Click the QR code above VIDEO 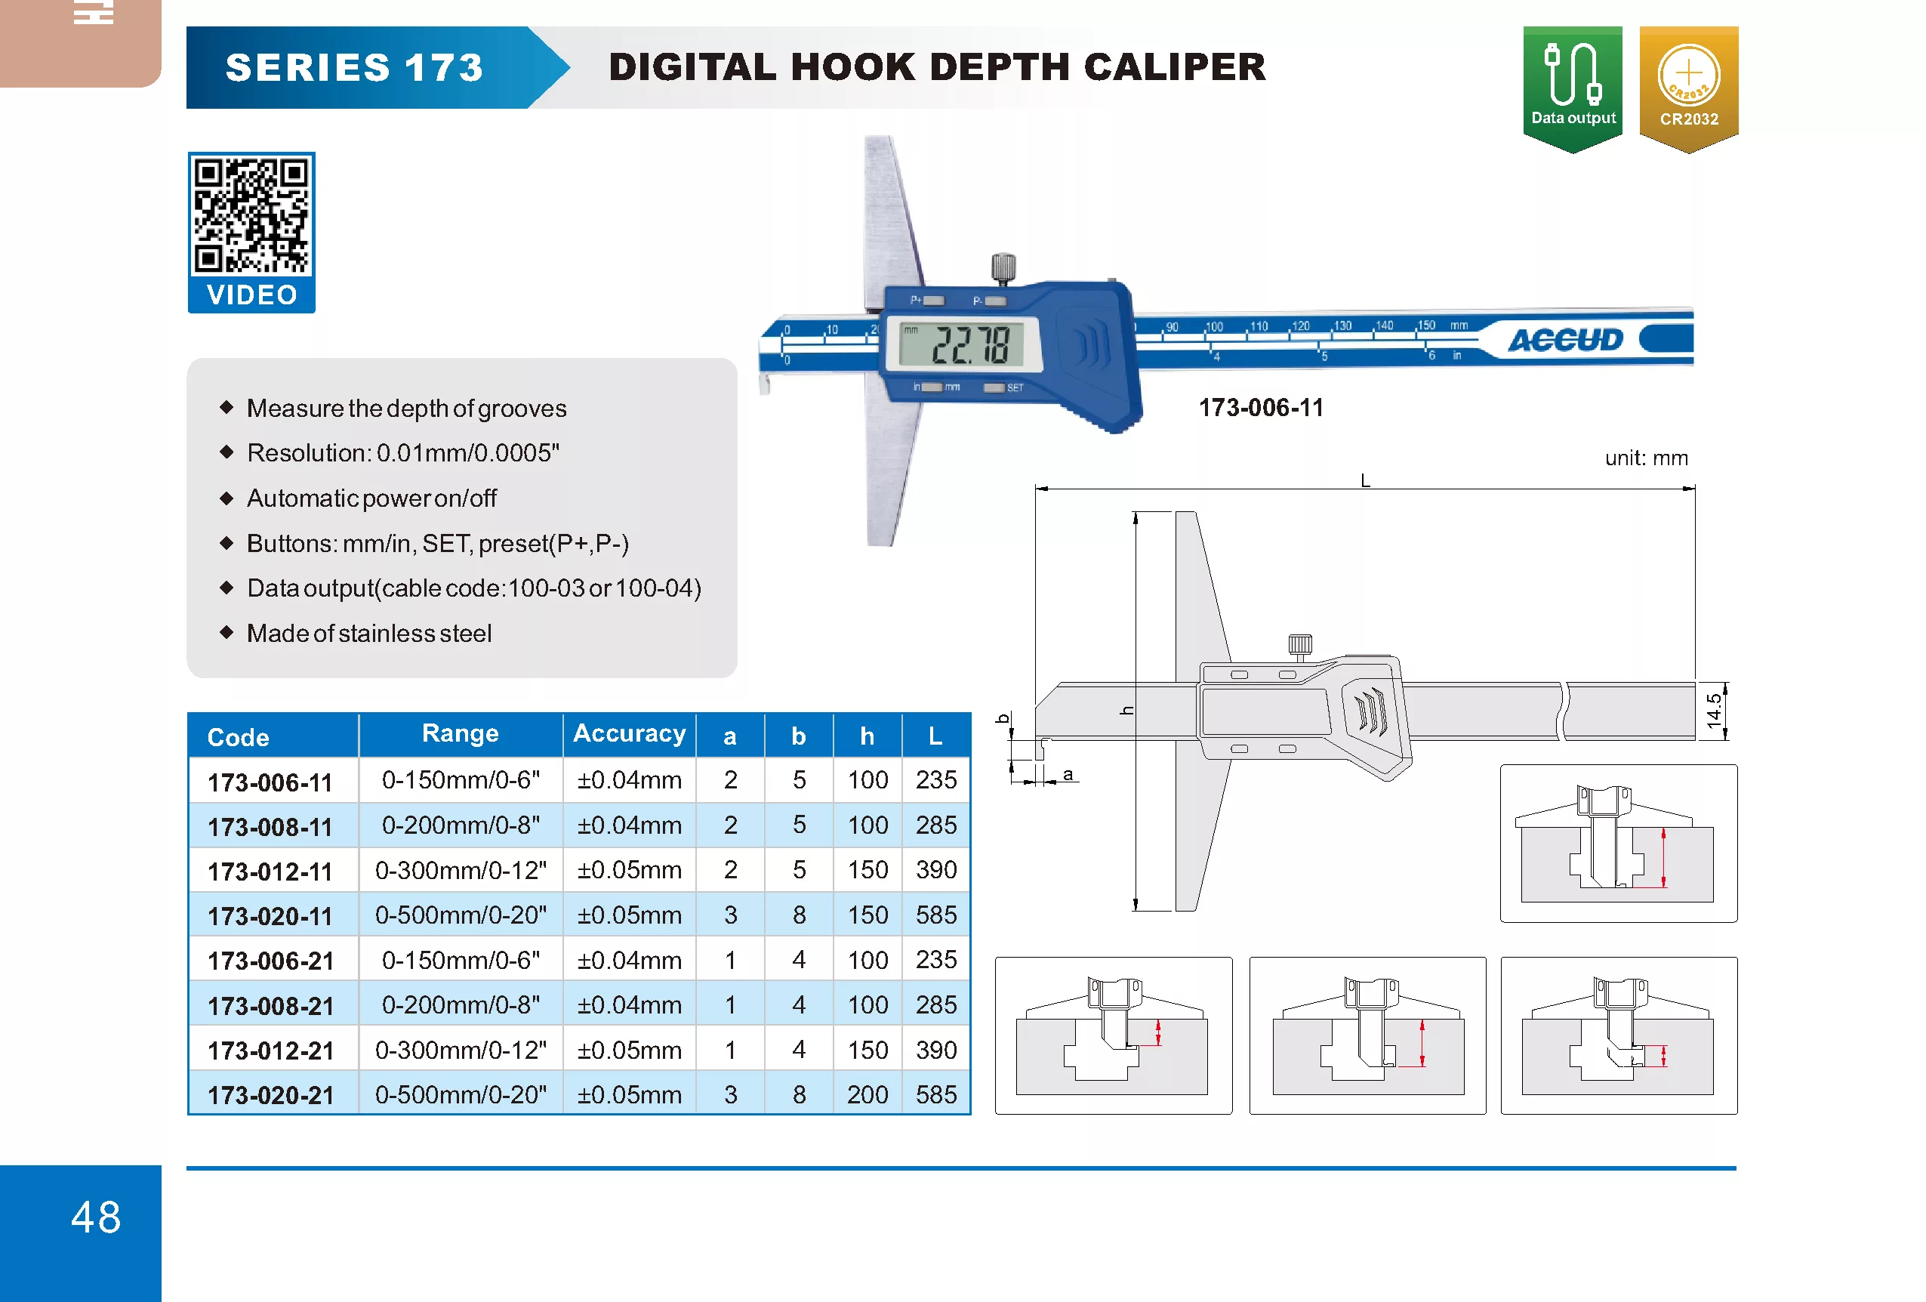tap(251, 215)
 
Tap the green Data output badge tap(1572, 88)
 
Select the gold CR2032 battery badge tap(1688, 88)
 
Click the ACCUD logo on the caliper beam tap(1564, 340)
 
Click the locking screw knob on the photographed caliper tap(1003, 267)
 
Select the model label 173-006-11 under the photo tap(1261, 408)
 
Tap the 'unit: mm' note tap(1646, 458)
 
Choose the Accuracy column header tap(629, 733)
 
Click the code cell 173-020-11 tap(270, 916)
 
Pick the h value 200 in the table tap(867, 1095)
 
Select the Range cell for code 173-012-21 tap(461, 1050)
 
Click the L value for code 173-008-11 tap(935, 825)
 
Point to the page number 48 tap(96, 1217)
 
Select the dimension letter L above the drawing tap(1365, 480)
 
